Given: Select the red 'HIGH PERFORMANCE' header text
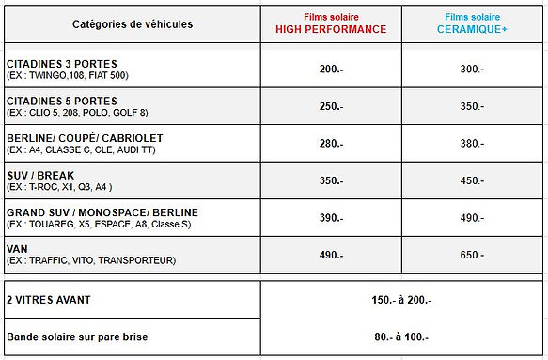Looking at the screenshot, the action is coord(330,29).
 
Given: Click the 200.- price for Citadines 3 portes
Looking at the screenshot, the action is coord(330,69).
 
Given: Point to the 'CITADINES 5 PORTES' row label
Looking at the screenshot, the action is coord(62,101).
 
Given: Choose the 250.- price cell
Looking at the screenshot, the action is coord(330,106).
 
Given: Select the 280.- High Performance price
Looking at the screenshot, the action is coord(330,143).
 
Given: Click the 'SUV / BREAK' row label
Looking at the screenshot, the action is coord(40,175).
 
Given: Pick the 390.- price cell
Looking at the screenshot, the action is coord(330,218).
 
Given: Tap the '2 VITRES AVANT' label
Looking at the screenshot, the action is coord(48,299).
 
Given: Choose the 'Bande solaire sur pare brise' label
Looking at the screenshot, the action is coord(76,337).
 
